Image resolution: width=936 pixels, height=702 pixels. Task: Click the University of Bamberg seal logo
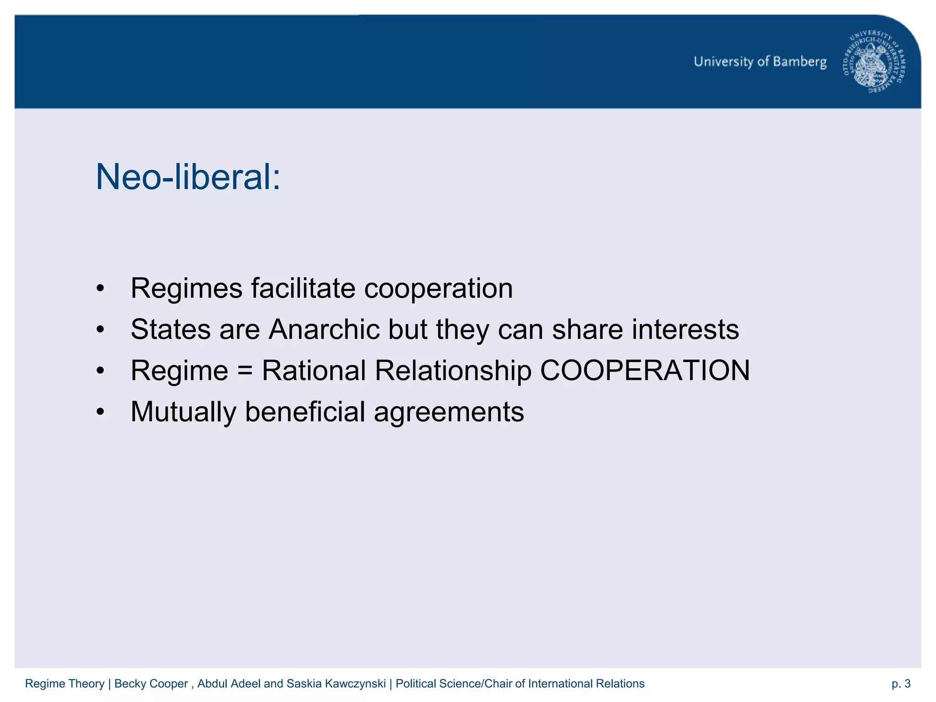point(875,62)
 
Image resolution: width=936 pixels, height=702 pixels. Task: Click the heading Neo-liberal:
point(188,177)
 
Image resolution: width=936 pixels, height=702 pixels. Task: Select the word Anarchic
point(324,329)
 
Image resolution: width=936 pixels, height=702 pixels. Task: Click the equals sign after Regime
point(245,370)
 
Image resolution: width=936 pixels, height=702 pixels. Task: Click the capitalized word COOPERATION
point(644,370)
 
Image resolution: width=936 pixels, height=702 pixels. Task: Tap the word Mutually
point(183,412)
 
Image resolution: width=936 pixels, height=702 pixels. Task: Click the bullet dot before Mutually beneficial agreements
point(101,412)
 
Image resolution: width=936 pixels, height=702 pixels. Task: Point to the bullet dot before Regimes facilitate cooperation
point(101,288)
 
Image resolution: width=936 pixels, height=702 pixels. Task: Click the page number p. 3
point(901,684)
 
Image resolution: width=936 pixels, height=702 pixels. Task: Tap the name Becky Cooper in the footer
point(151,684)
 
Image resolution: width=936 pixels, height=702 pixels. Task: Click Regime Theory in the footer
point(64,684)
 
